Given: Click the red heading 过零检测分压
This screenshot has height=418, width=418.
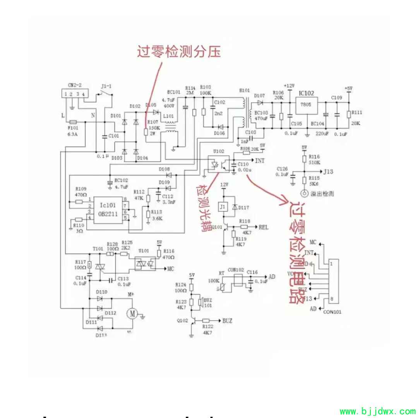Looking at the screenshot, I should tap(178, 51).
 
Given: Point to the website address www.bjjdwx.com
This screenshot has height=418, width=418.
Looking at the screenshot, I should tap(377, 411).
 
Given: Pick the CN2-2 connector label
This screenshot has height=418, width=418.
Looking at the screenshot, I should tap(74, 85).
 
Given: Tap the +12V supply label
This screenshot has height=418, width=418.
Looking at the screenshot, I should tap(289, 86).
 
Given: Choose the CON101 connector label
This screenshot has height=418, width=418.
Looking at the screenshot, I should tap(332, 312).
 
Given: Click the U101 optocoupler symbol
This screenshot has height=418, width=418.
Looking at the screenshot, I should tap(144, 264).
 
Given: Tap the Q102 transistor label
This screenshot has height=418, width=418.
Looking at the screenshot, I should tap(182, 320).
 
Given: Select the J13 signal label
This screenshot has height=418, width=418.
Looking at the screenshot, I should tap(329, 171).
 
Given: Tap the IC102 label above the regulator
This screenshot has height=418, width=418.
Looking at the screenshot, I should tap(306, 93).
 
